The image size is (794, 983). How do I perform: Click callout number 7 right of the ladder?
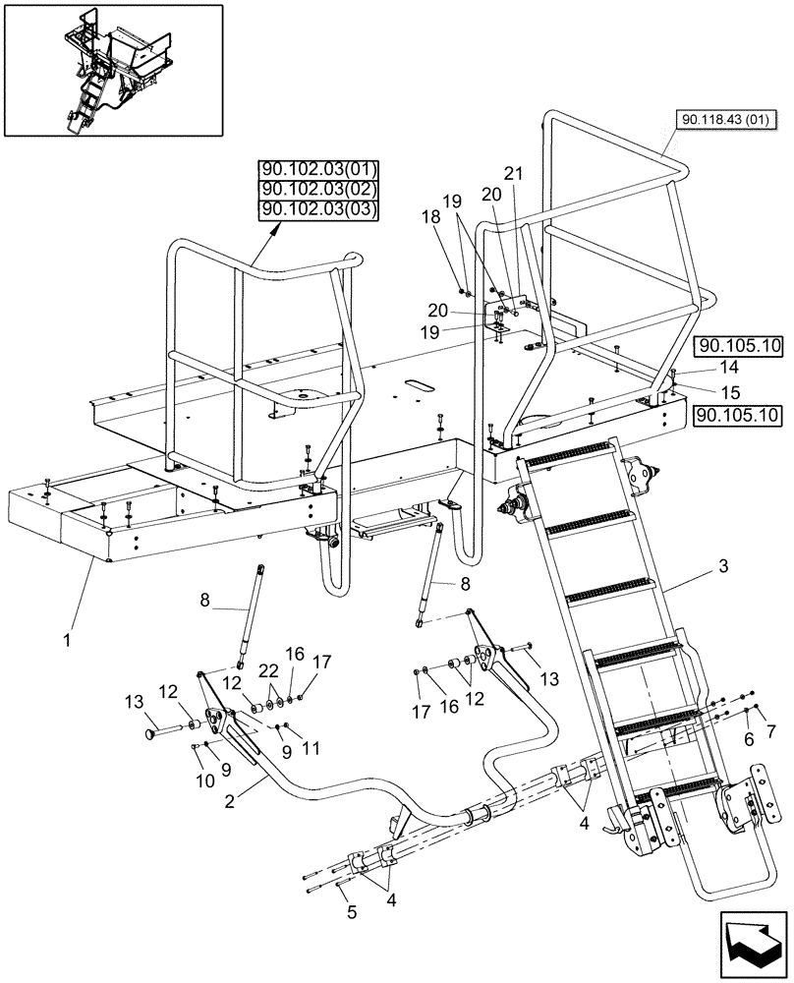pyautogui.click(x=770, y=733)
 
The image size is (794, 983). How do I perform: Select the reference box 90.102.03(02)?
pyautogui.click(x=319, y=189)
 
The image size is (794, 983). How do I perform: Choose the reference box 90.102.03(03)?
pyautogui.click(x=319, y=209)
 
